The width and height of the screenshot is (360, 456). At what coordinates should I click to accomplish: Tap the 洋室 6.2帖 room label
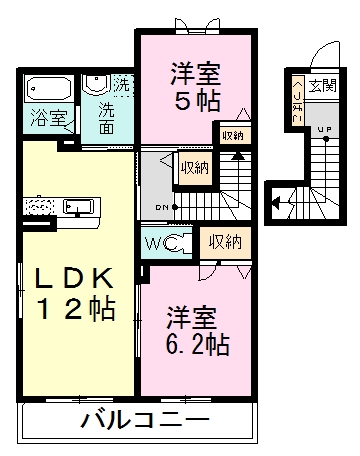197,333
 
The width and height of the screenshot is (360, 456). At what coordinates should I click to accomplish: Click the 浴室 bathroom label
48,116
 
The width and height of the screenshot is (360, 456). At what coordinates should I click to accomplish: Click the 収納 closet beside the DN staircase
194,168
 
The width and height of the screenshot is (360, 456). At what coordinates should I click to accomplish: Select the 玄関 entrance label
322,85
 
